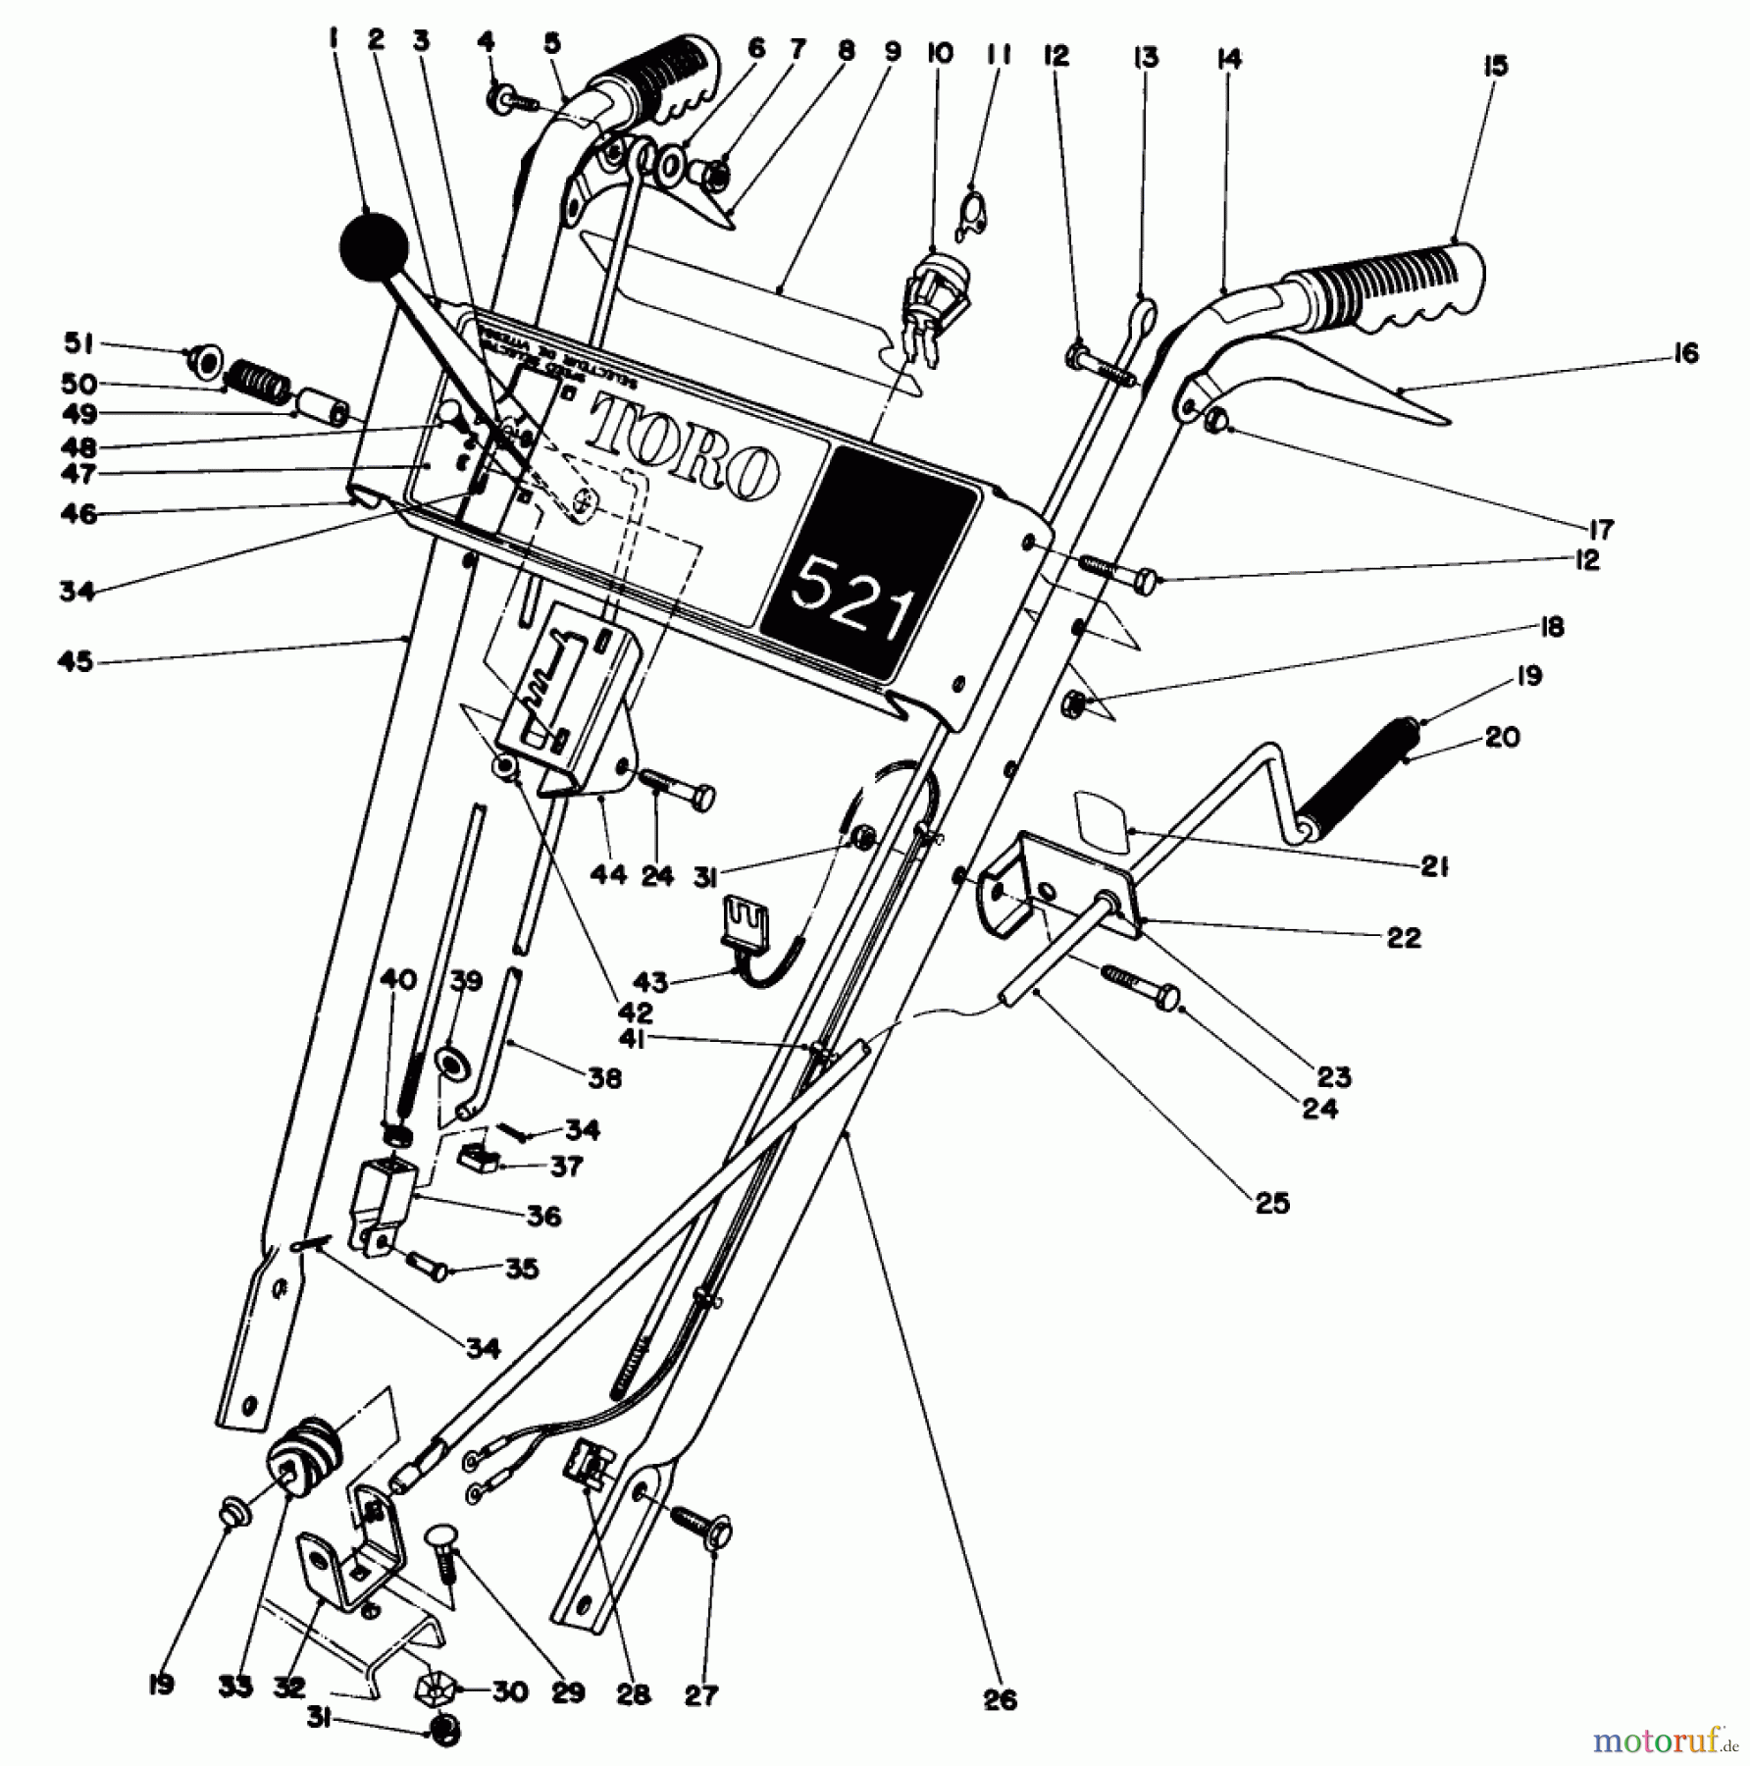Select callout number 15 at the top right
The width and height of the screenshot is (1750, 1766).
[x=1494, y=67]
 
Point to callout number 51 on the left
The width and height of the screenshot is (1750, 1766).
[x=79, y=343]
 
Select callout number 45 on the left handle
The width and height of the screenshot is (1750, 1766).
[x=76, y=661]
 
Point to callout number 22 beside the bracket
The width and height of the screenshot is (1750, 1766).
[x=1404, y=937]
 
